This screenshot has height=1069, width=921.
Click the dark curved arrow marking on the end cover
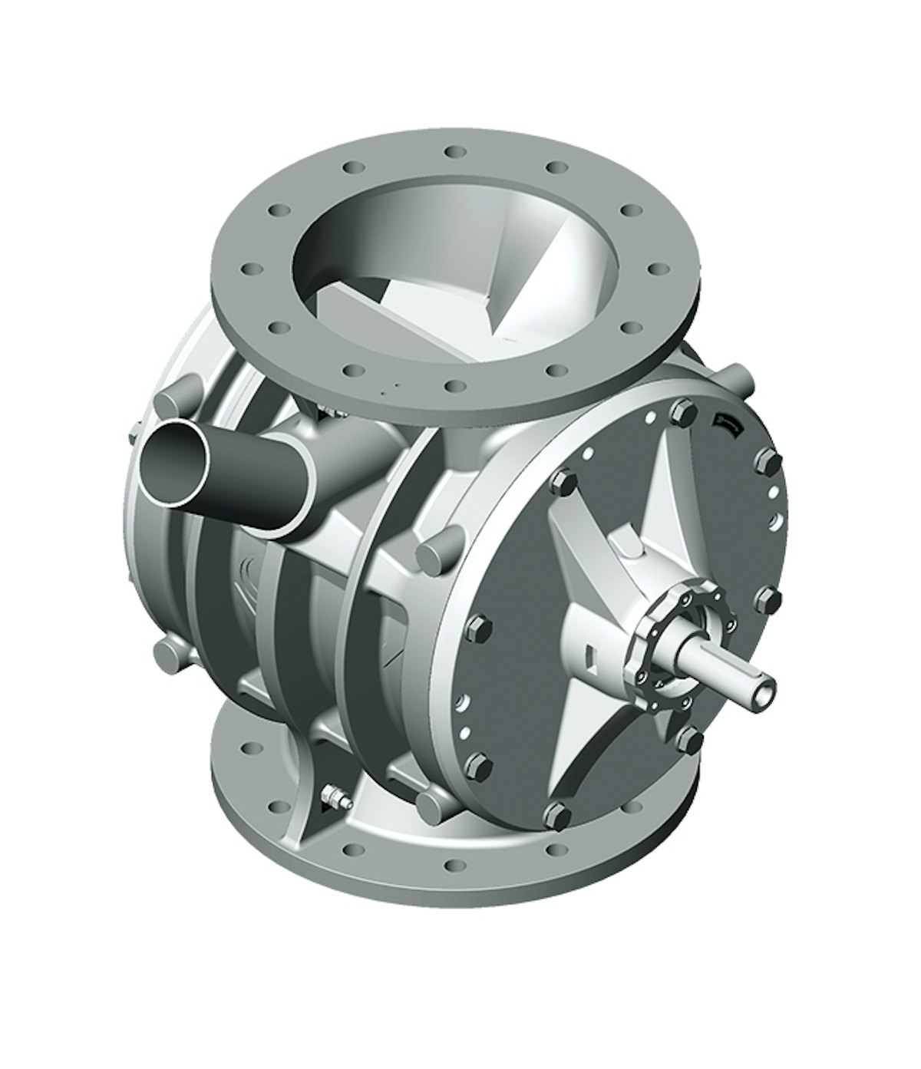726,421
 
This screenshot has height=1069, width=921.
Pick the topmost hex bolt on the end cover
678,413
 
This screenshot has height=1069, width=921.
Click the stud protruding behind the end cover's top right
735,378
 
